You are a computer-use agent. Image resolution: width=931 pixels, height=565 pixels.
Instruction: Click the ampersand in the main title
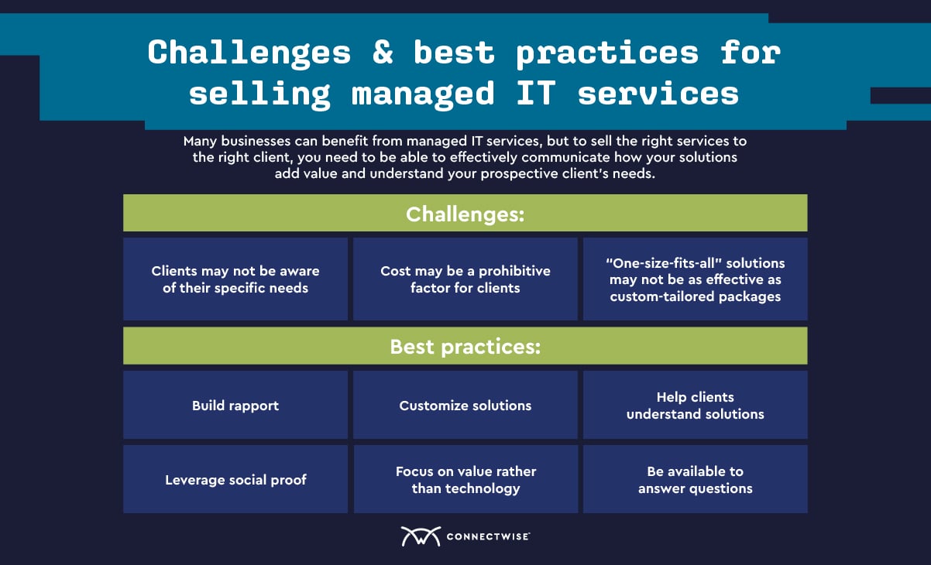pyautogui.click(x=383, y=53)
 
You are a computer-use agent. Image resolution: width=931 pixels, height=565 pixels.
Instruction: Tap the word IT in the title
pyautogui.click(x=536, y=93)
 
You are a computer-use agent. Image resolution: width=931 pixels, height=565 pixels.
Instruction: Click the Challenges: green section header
pyautogui.click(x=465, y=213)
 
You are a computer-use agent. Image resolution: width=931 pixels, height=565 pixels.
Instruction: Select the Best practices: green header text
pyautogui.click(x=465, y=347)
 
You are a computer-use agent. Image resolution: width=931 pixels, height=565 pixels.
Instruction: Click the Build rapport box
pyautogui.click(x=235, y=405)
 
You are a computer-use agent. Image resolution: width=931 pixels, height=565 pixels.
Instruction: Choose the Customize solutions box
pyautogui.click(x=465, y=405)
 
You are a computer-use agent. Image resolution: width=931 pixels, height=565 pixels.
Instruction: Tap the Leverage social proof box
pyautogui.click(x=235, y=479)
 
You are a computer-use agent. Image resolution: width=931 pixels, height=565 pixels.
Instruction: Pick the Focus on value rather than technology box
pyautogui.click(x=465, y=479)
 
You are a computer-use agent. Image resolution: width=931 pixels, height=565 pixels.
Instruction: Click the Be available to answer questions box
pyautogui.click(x=696, y=479)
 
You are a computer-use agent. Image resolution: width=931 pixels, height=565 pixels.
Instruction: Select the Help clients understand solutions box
pyautogui.click(x=696, y=405)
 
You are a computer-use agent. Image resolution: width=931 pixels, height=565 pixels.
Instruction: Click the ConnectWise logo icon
pyautogui.click(x=421, y=536)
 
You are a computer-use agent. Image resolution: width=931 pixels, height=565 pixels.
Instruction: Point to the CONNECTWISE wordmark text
pyautogui.click(x=488, y=536)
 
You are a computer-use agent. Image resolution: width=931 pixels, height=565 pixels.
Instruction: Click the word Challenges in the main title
pyautogui.click(x=249, y=53)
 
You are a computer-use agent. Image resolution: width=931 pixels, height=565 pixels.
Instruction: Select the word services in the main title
pyautogui.click(x=658, y=94)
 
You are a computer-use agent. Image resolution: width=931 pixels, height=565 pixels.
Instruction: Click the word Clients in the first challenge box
pyautogui.click(x=174, y=271)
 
